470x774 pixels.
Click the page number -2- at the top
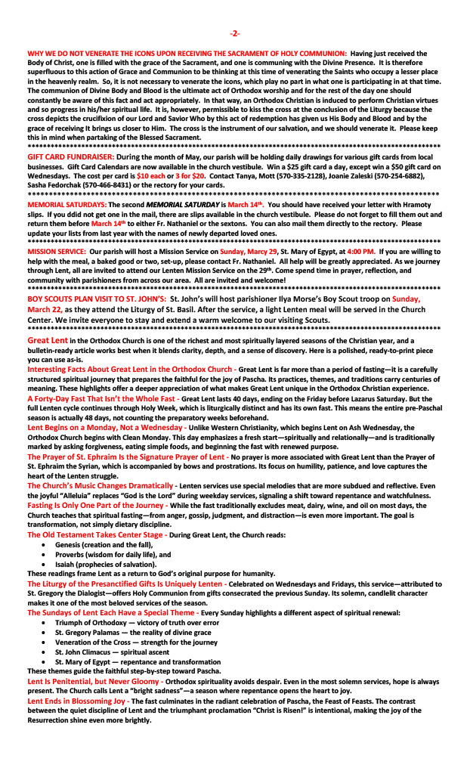pos(235,33)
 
